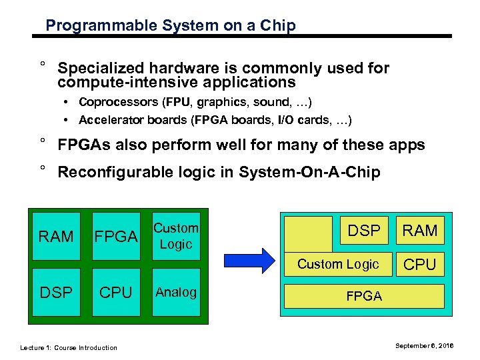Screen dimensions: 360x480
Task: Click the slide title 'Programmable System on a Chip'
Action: pos(171,25)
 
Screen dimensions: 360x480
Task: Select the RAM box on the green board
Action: pos(57,236)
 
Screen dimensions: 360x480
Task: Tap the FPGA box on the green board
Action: pos(115,236)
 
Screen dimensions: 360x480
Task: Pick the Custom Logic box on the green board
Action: pos(176,236)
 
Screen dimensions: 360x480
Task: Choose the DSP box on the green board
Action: pos(57,292)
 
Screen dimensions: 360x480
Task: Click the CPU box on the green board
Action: pos(115,292)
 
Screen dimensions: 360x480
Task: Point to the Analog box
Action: pos(176,292)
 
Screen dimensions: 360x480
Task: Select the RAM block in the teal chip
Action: pos(420,231)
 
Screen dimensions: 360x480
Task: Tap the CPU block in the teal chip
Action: pos(420,264)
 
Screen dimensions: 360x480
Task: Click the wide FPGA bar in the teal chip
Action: pos(364,296)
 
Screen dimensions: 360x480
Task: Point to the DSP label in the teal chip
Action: pos(364,231)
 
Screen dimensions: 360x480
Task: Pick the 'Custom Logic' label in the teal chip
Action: pos(338,264)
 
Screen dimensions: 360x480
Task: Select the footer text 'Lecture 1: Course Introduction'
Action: pos(69,347)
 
